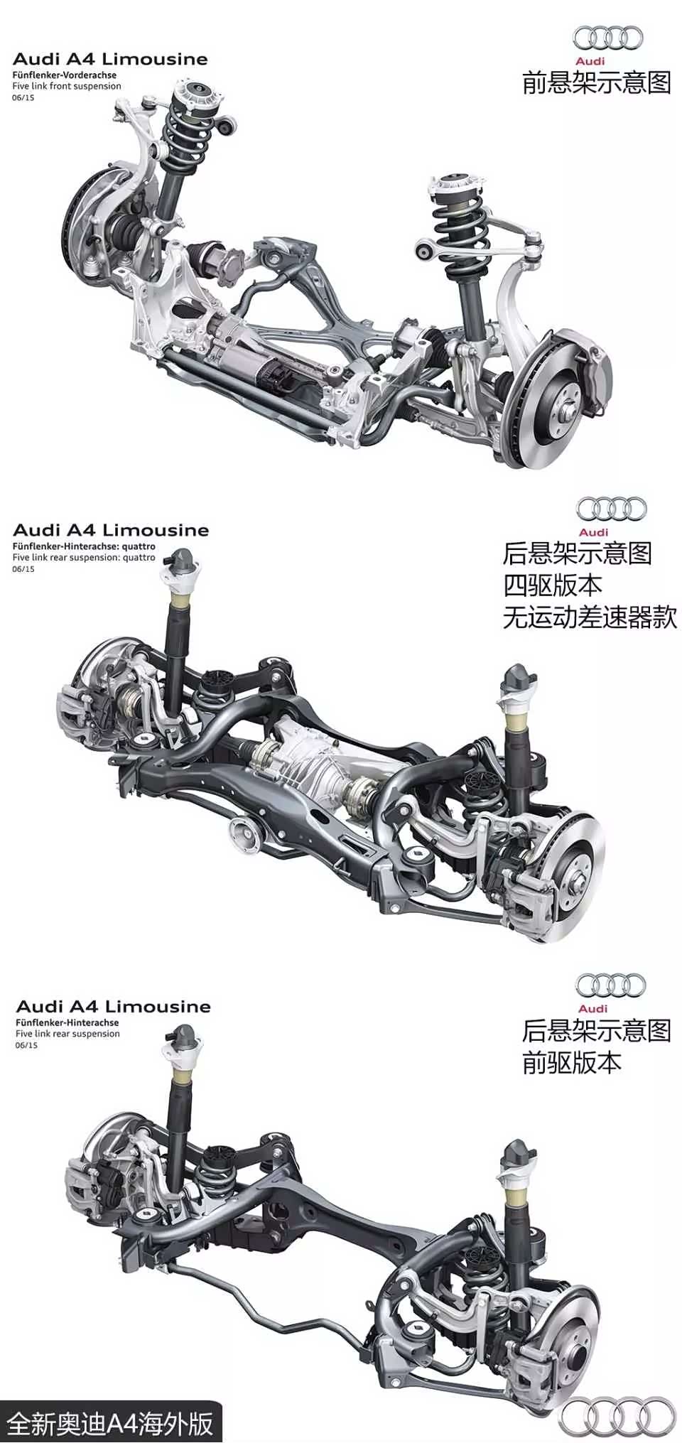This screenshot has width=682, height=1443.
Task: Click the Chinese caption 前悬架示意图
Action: (x=596, y=83)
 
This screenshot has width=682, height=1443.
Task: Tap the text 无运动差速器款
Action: (x=590, y=617)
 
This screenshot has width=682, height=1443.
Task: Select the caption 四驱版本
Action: (x=552, y=585)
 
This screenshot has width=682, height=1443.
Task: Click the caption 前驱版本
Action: (x=571, y=1062)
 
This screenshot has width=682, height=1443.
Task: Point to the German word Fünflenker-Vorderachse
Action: (x=64, y=75)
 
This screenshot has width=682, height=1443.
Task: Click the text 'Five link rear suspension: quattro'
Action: (x=83, y=558)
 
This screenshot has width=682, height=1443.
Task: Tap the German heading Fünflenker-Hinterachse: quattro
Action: (x=83, y=546)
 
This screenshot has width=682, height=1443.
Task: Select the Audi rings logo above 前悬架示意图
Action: (x=607, y=38)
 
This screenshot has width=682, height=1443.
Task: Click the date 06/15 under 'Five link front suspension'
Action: (x=23, y=97)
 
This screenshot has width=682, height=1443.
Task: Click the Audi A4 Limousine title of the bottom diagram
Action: (x=113, y=1006)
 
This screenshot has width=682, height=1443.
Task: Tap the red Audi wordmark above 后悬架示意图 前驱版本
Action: (x=592, y=1008)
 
